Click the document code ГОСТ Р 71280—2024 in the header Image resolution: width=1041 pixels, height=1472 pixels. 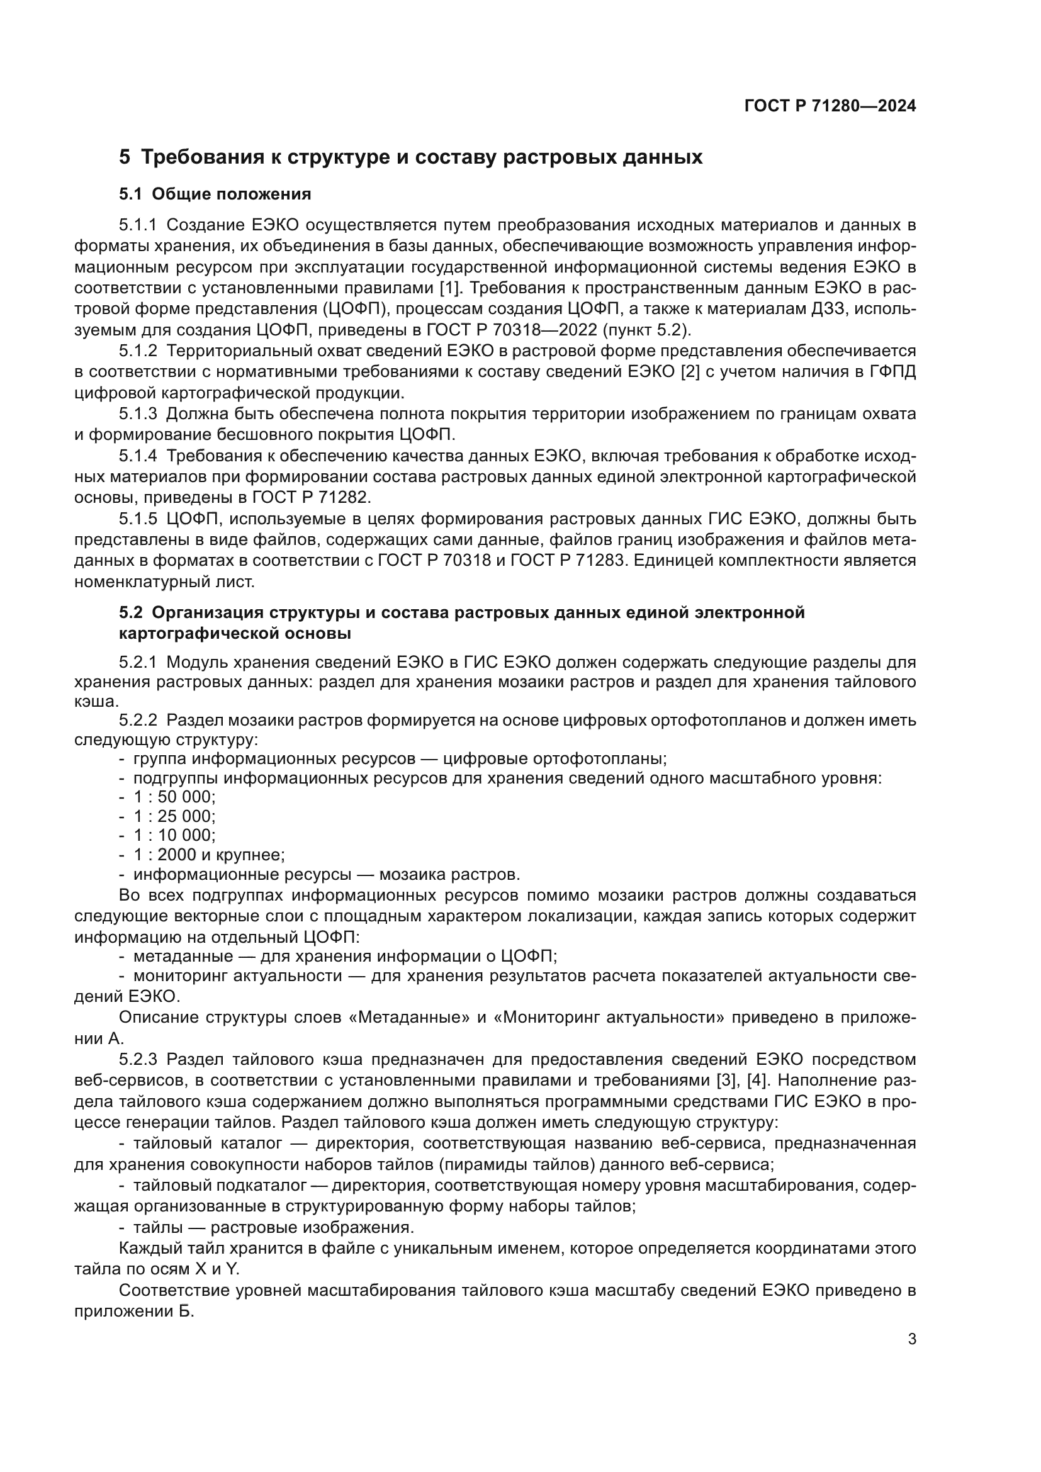(830, 106)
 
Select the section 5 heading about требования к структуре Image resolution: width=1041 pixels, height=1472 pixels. (410, 157)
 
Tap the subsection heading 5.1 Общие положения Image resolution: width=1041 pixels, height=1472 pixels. (215, 194)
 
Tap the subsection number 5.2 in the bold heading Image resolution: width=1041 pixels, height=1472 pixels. (131, 613)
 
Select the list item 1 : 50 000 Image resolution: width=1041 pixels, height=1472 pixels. (174, 797)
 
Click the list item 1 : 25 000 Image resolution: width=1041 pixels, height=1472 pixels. (174, 816)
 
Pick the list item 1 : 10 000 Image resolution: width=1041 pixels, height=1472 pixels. (174, 835)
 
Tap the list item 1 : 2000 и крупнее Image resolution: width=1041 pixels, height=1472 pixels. (209, 855)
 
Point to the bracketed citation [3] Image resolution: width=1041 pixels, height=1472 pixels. (726, 1081)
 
